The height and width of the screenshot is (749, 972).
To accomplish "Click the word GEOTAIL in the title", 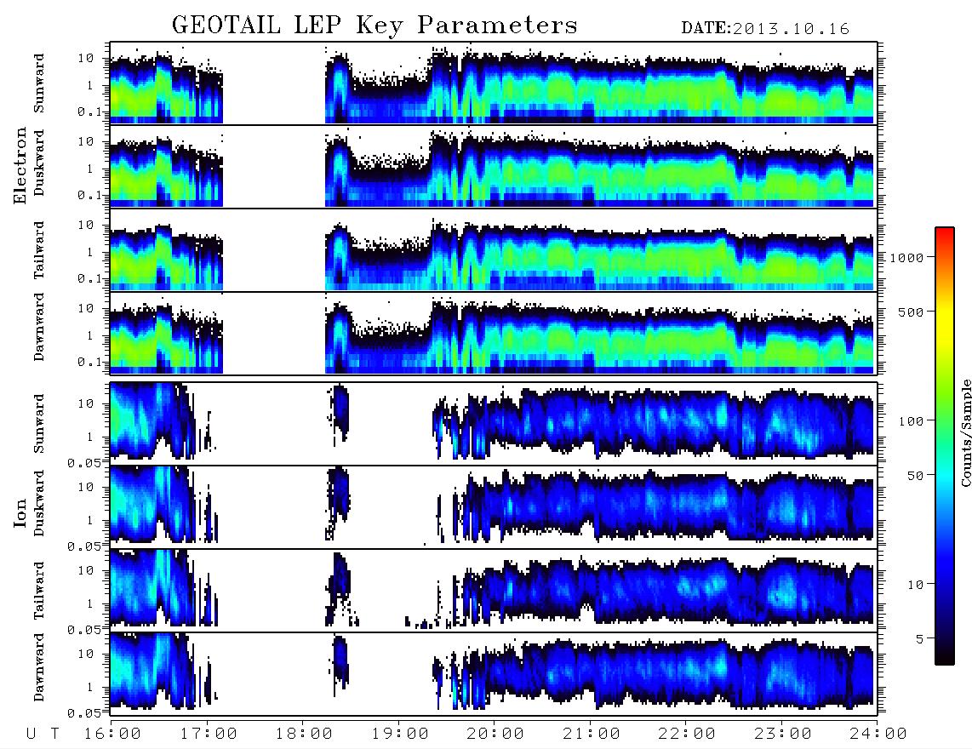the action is (x=226, y=26).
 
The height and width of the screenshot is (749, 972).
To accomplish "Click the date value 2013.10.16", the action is (x=791, y=29).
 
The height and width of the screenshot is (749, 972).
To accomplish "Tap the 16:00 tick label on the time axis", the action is (x=113, y=735).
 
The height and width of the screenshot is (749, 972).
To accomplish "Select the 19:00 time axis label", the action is (x=400, y=735).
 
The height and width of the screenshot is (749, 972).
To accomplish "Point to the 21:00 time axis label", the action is (x=592, y=735).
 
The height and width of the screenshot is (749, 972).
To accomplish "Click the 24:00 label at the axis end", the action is (x=878, y=735).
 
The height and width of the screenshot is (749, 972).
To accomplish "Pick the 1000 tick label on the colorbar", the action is (x=907, y=258).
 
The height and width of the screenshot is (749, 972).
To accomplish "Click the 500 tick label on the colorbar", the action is (x=912, y=312).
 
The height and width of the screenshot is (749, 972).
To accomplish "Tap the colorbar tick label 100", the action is (x=912, y=421).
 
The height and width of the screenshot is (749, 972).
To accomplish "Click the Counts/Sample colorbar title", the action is (x=965, y=432).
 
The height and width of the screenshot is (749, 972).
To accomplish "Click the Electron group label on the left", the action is (x=20, y=166).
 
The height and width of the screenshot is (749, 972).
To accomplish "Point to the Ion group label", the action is (x=20, y=513).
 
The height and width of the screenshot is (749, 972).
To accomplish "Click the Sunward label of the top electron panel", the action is (x=39, y=83).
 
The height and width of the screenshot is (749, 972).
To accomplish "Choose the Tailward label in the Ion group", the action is (x=39, y=591).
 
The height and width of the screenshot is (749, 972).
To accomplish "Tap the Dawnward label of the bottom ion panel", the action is (x=39, y=667).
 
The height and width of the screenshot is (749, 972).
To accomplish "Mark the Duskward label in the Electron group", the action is (x=39, y=163).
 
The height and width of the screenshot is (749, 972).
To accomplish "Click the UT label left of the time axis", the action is (x=43, y=735).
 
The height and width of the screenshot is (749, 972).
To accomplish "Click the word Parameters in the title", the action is (x=498, y=26).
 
